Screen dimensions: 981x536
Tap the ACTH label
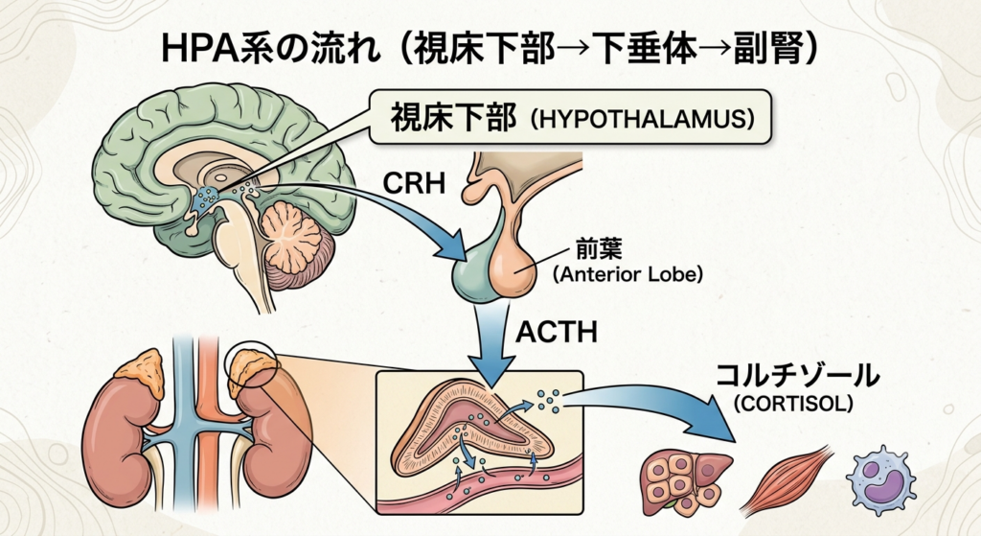coord(557,332)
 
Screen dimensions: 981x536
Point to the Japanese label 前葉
coord(599,250)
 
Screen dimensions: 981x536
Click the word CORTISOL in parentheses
coord(793,404)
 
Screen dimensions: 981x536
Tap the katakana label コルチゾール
coord(797,376)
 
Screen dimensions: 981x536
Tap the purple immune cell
coord(879,479)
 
